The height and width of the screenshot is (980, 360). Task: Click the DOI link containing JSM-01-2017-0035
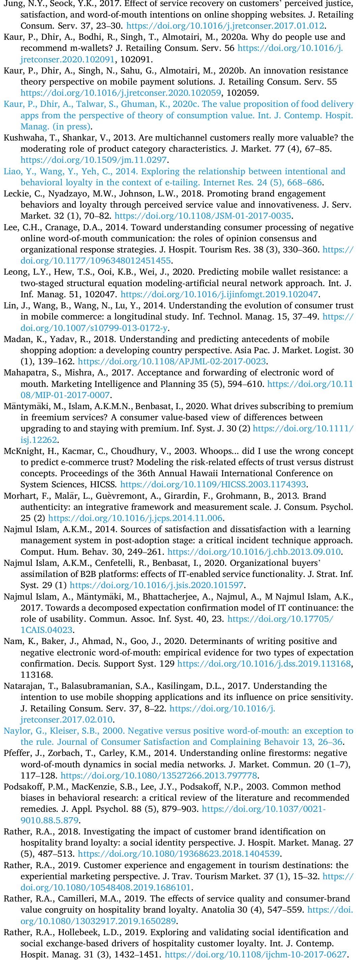[203, 216]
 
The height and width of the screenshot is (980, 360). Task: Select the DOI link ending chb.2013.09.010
[254, 552]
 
